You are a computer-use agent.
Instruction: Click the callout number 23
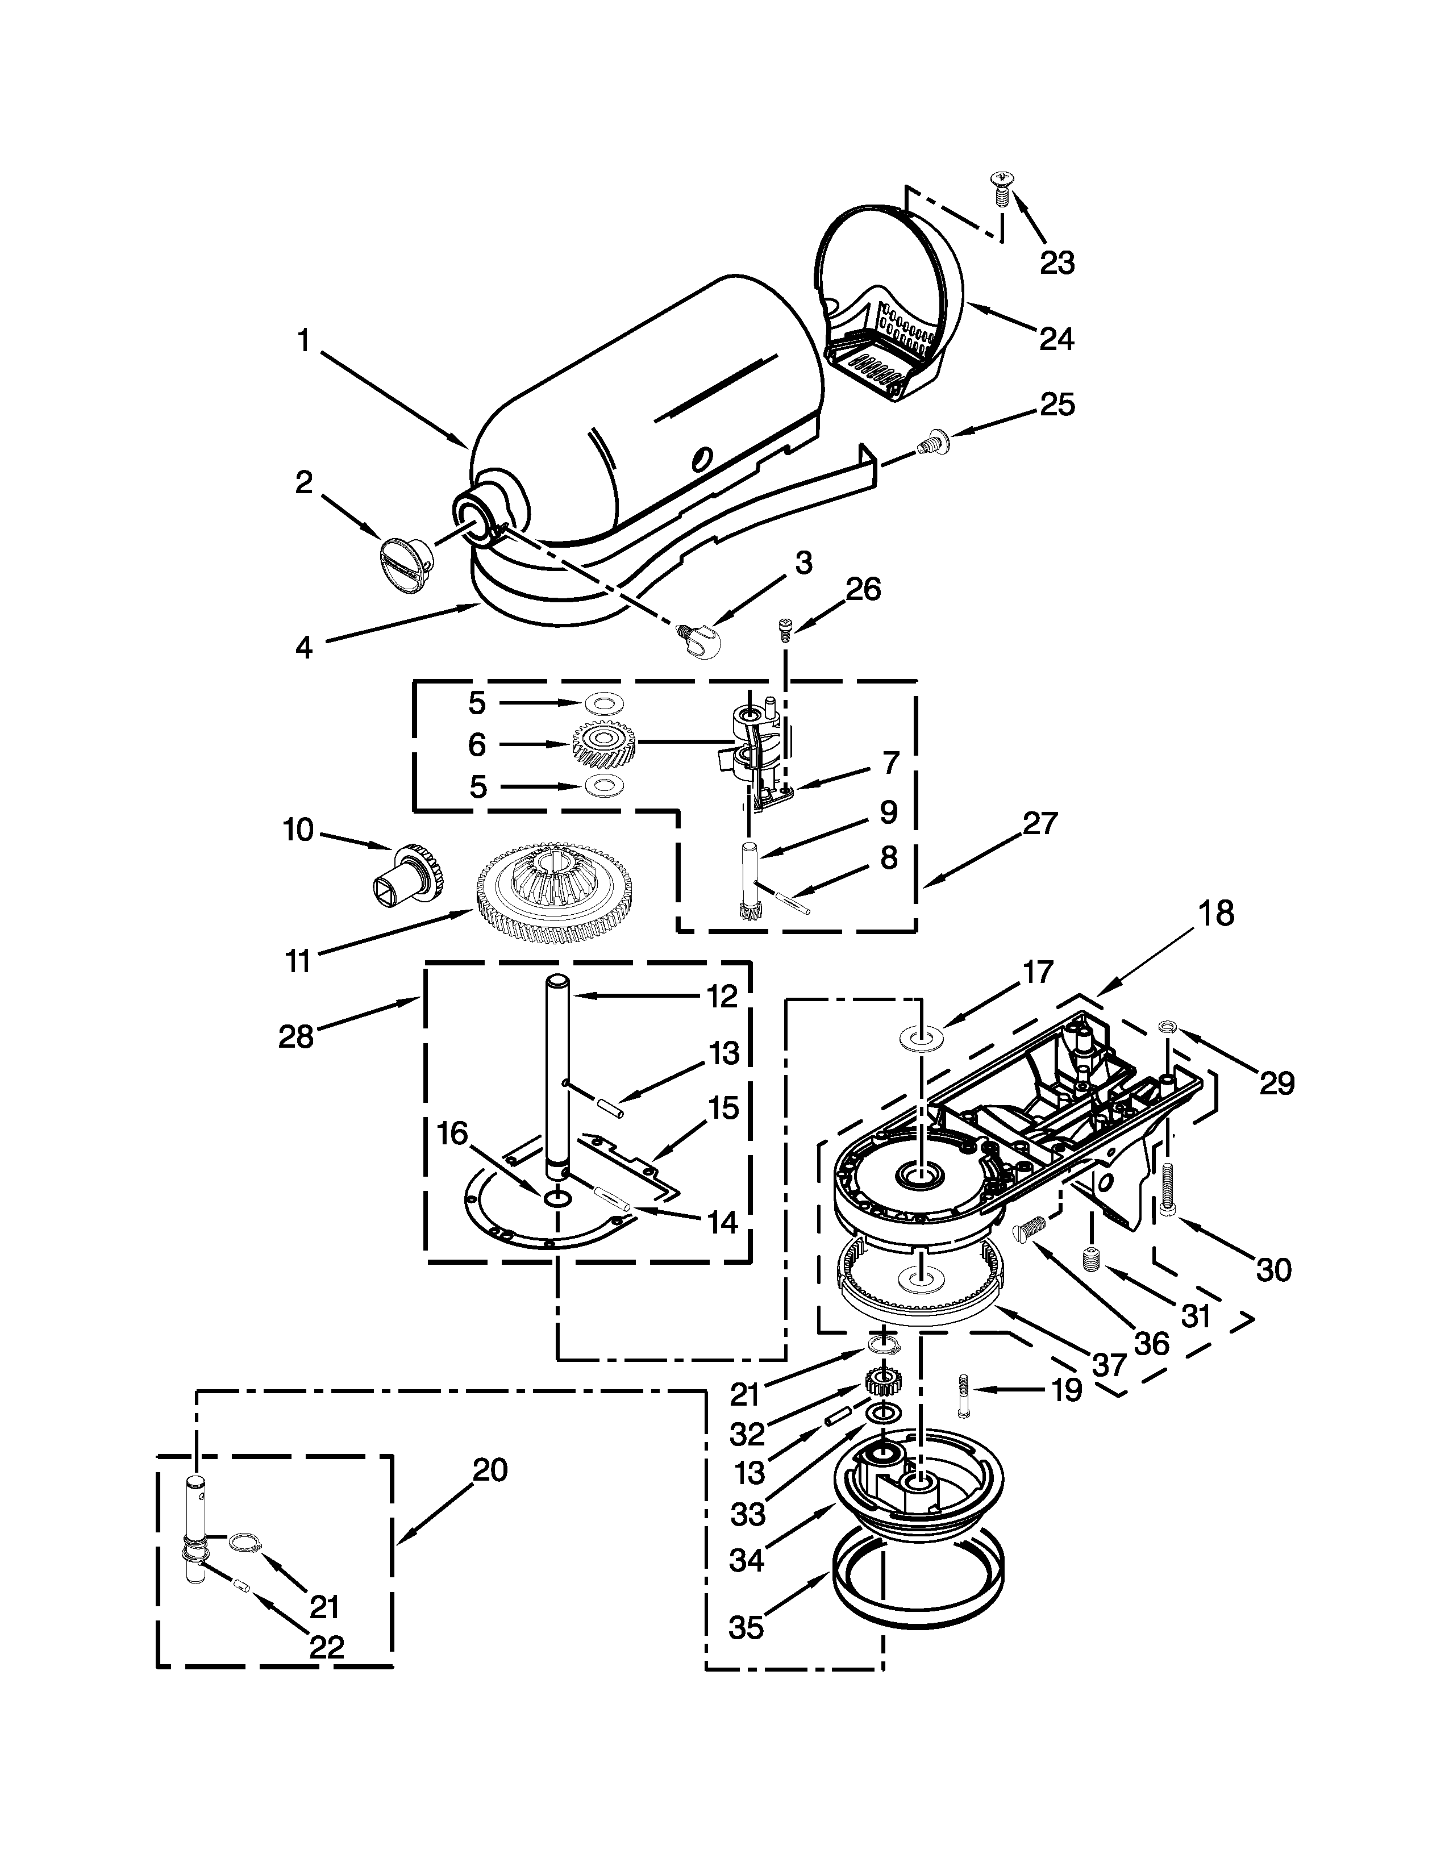(x=1057, y=262)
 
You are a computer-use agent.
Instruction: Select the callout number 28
(x=296, y=1036)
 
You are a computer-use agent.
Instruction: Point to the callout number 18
(x=1217, y=914)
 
